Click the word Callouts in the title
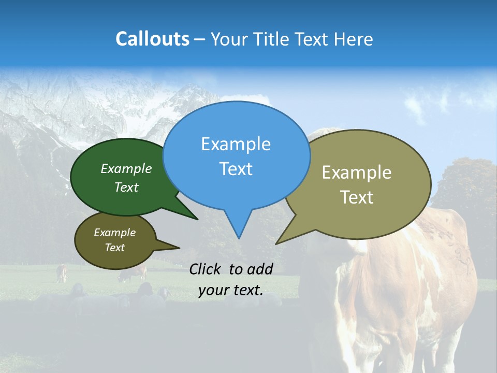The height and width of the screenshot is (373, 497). (x=152, y=39)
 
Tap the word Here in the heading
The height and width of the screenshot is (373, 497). (x=353, y=39)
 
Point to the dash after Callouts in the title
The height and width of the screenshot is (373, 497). (x=200, y=39)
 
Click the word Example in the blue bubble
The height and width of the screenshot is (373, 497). (x=236, y=144)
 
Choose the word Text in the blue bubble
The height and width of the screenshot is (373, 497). (x=236, y=169)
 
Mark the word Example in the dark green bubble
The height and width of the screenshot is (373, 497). (x=126, y=168)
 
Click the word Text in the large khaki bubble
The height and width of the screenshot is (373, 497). (x=356, y=197)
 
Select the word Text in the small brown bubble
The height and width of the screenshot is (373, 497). (x=114, y=248)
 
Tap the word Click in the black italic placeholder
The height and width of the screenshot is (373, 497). (x=206, y=269)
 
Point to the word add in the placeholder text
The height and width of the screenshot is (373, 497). (x=260, y=269)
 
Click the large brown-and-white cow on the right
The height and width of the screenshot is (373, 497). (x=409, y=280)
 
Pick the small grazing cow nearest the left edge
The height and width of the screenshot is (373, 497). (x=62, y=273)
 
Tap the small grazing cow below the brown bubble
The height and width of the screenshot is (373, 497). (x=132, y=274)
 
